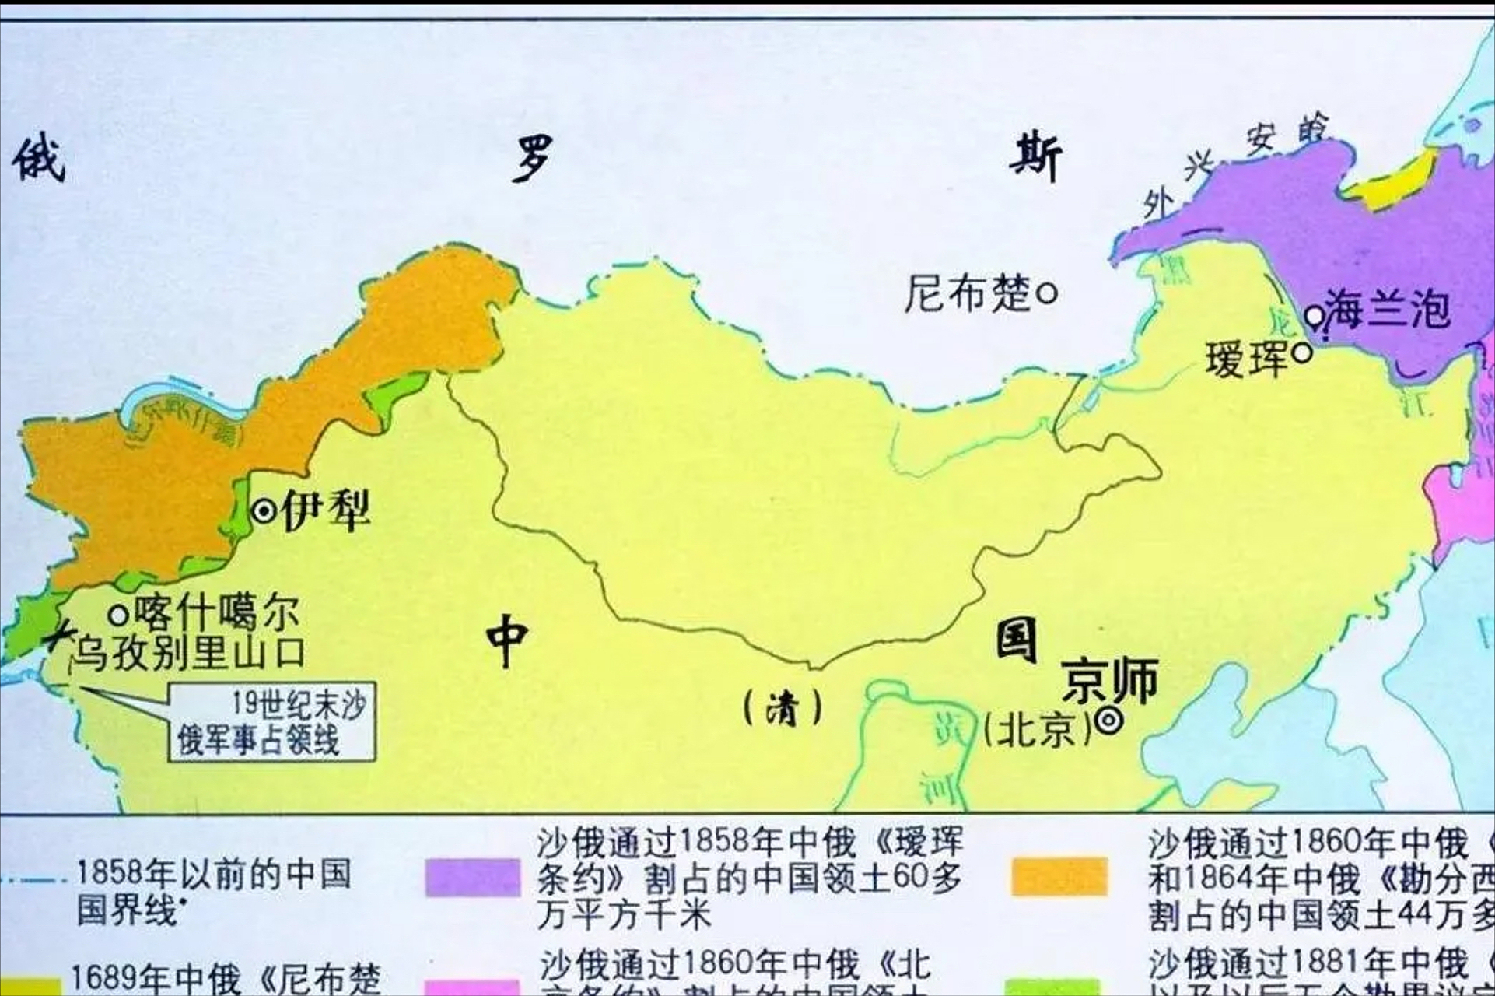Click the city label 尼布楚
pos(967,294)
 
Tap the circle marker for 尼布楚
pos(1048,294)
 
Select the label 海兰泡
pos(1388,308)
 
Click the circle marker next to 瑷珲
pos(1302,352)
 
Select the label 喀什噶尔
pos(217,612)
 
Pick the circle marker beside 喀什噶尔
pos(118,615)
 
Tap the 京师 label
pos(1110,680)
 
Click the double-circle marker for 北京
pos(1108,721)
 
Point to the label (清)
pos(782,708)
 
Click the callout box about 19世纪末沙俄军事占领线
pos(272,722)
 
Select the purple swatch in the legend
pos(472,877)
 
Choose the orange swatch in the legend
pos(1059,877)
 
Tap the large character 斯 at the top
pos(1035,158)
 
